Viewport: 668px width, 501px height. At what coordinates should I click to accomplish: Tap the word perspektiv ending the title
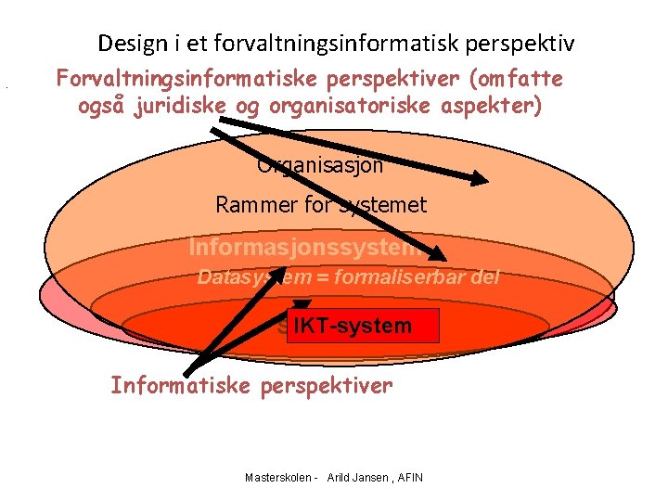click(530, 44)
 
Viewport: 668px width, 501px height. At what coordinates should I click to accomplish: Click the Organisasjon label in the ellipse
click(320, 167)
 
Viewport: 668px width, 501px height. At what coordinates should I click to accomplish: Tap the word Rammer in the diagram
click(250, 205)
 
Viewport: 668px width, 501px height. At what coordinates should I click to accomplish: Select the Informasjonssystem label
click(306, 248)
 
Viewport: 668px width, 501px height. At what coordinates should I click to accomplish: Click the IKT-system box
click(352, 326)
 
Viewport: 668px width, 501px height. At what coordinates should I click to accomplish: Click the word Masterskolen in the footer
click(277, 478)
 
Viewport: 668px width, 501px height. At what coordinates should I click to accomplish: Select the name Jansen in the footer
click(376, 478)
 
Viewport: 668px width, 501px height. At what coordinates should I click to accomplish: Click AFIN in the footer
click(409, 478)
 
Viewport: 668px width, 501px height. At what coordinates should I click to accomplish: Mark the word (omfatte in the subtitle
click(520, 79)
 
